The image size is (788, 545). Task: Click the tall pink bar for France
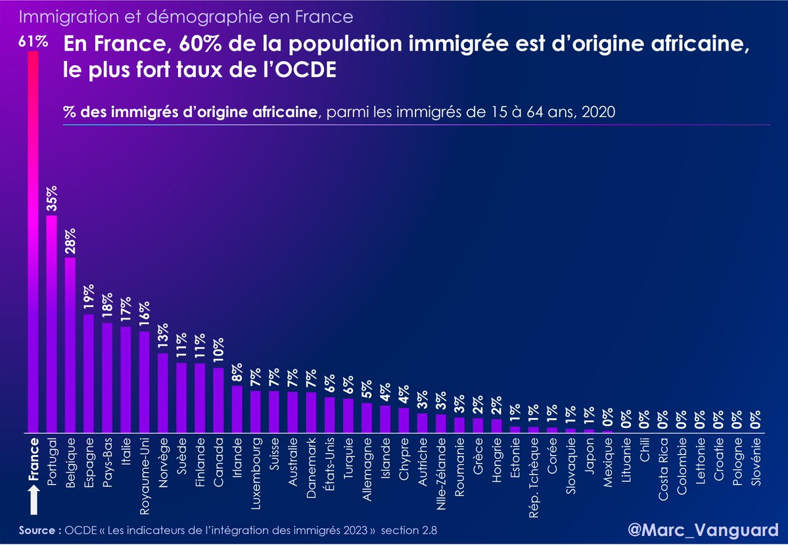(33, 243)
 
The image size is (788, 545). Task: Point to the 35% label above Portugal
(52, 199)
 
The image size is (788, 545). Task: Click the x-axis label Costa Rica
(664, 465)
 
